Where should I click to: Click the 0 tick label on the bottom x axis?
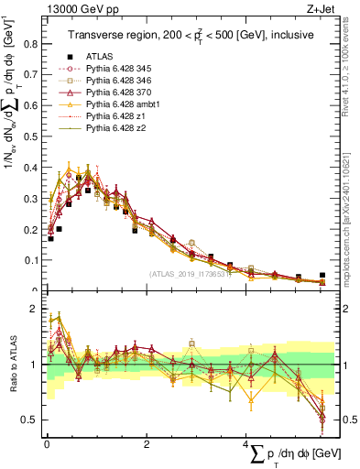tap(46, 444)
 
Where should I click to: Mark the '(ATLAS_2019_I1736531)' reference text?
tap(190, 272)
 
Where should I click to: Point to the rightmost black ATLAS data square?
tap(322, 275)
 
